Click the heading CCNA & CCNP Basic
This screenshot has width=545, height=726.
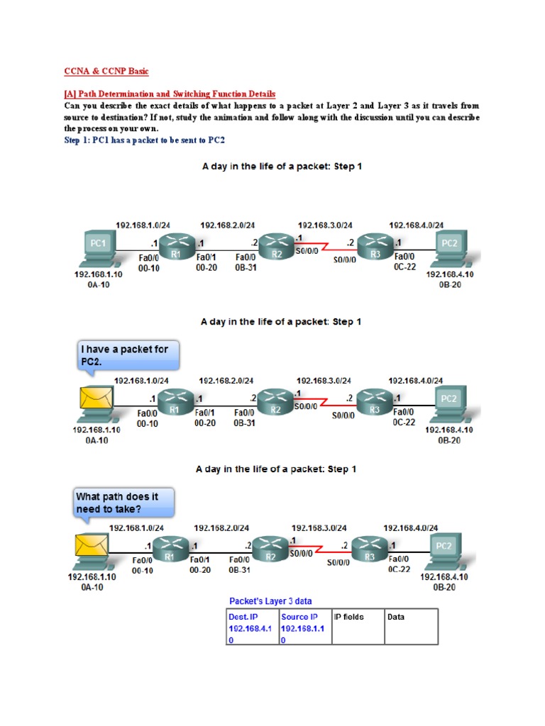[106, 72]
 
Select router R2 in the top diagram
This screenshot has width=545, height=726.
[273, 249]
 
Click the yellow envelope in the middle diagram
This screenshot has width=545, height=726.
[94, 398]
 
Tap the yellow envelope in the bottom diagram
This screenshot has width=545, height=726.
[91, 547]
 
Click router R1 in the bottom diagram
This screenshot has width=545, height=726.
[168, 553]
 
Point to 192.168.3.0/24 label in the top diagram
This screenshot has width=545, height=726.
[324, 225]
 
